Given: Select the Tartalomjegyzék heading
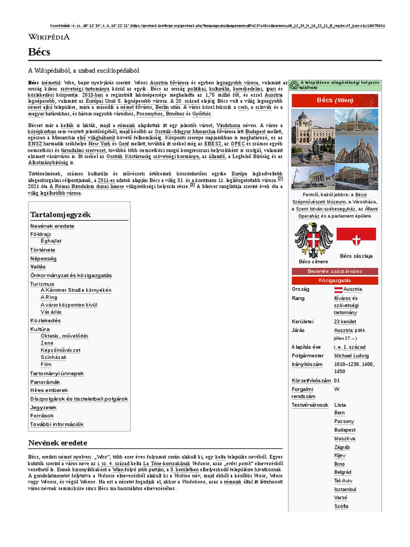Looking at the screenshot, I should [60, 214].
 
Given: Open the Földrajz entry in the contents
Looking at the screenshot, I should [41, 234].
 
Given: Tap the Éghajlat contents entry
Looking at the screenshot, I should [51, 241].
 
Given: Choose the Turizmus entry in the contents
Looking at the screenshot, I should [42, 284].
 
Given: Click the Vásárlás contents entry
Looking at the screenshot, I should [51, 312].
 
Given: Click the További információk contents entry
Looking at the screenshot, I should [57, 424].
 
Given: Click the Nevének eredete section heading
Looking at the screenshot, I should [57, 443].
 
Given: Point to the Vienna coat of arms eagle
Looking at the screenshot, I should [313, 240].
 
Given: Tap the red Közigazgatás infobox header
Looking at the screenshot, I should [335, 280].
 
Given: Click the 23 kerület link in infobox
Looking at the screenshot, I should [345, 322].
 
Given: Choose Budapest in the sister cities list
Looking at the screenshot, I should [345, 430].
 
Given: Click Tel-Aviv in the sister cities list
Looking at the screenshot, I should [344, 481].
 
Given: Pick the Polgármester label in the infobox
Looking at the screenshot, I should [307, 355].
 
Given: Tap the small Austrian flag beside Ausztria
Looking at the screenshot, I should [338, 289].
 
